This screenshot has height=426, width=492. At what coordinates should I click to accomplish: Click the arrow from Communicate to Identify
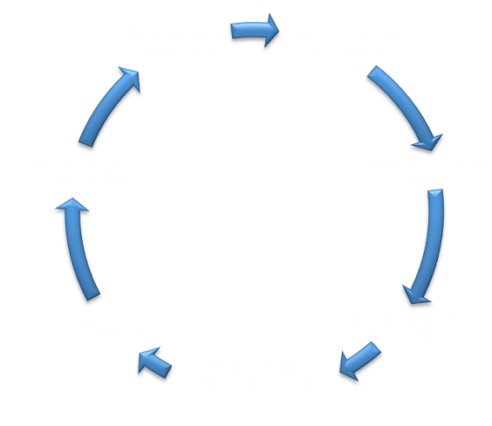click(255, 30)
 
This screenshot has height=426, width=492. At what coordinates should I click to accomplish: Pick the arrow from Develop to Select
click(360, 360)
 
